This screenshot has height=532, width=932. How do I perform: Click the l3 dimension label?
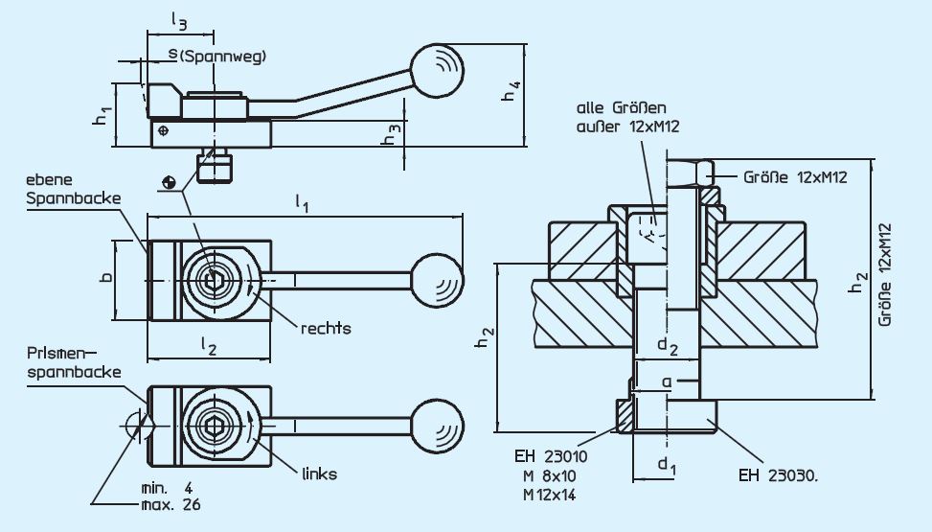178,18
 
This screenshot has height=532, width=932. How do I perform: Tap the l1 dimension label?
302,201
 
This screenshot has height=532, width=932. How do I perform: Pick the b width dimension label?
106,278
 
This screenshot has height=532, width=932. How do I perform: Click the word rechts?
326,328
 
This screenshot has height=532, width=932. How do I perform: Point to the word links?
319,474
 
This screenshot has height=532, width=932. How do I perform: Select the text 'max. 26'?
170,502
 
